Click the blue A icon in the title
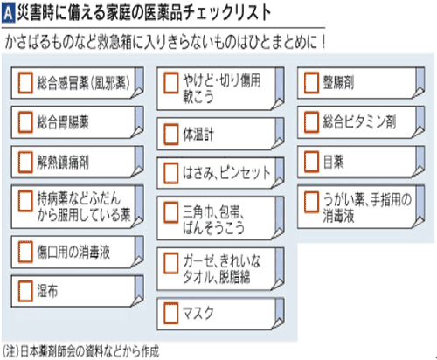point(8,14)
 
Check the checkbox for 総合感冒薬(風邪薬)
point(25,83)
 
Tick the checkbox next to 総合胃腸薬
point(25,122)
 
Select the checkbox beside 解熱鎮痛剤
point(25,162)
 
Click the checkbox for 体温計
point(171,134)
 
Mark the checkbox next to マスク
point(171,314)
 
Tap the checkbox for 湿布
point(25,291)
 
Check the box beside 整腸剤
point(311,83)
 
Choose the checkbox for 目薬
point(311,162)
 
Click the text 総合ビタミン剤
point(359,121)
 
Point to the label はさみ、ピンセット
point(226,172)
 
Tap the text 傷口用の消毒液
point(73,252)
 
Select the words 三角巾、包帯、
point(213,211)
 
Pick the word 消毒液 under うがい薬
point(339,216)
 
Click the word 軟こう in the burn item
point(198,97)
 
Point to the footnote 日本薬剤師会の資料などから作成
point(90,351)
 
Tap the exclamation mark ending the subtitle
point(323,42)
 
